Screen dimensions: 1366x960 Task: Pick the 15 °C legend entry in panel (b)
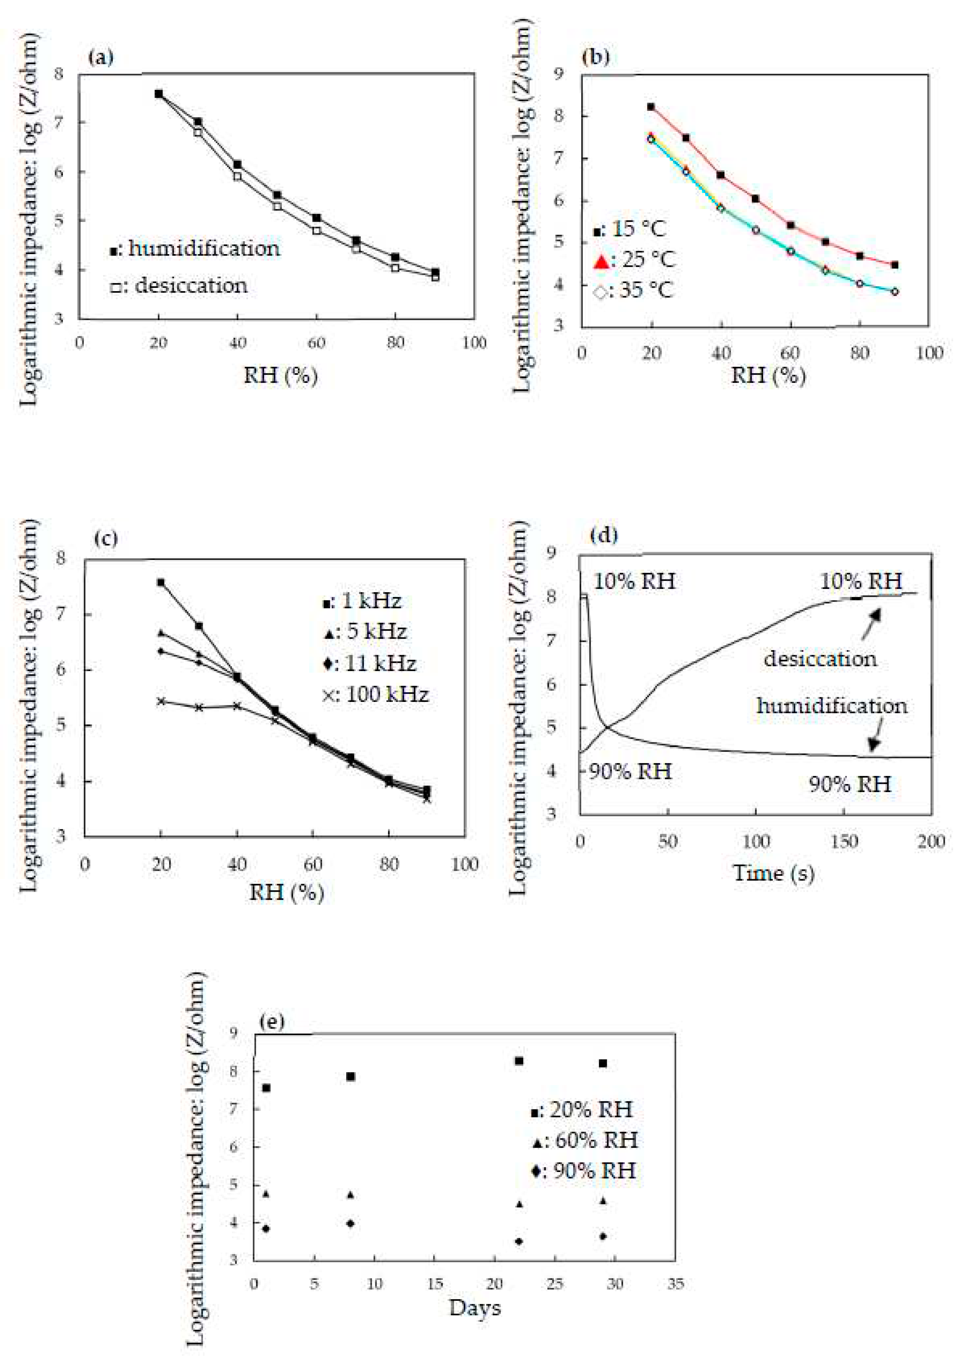(x=630, y=229)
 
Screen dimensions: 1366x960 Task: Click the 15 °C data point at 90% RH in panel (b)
(x=894, y=265)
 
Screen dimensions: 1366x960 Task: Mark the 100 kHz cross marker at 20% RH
(x=161, y=701)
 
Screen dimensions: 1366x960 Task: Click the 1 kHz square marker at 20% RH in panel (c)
(x=161, y=583)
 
